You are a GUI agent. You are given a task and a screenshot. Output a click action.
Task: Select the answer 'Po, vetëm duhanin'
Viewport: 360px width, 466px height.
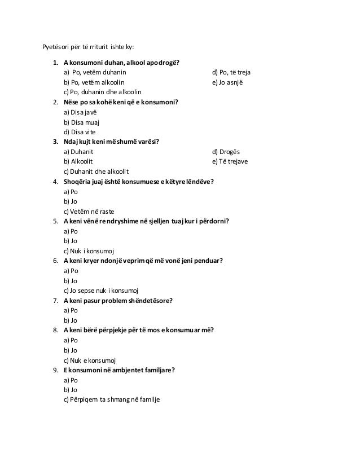pyautogui.click(x=99, y=72)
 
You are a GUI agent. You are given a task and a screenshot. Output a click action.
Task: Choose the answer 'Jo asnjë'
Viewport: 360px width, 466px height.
pyautogui.click(x=227, y=82)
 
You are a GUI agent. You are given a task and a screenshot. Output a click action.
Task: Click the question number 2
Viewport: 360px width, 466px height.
pyautogui.click(x=55, y=102)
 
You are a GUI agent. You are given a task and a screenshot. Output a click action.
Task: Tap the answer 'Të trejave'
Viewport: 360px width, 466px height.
pyautogui.click(x=230, y=161)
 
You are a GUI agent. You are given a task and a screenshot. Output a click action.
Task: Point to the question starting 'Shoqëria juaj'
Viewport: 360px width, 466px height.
pyautogui.click(x=138, y=181)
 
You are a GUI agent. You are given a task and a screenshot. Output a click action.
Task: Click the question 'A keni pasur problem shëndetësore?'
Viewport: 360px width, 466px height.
pyautogui.click(x=118, y=300)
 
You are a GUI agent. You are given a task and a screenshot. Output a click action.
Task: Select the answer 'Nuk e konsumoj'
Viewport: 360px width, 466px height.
pyautogui.click(x=90, y=359)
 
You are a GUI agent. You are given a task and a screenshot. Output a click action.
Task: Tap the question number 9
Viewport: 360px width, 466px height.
pyautogui.click(x=55, y=370)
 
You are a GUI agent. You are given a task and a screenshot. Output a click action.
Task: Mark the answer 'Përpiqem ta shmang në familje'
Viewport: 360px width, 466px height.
pyautogui.click(x=112, y=399)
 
